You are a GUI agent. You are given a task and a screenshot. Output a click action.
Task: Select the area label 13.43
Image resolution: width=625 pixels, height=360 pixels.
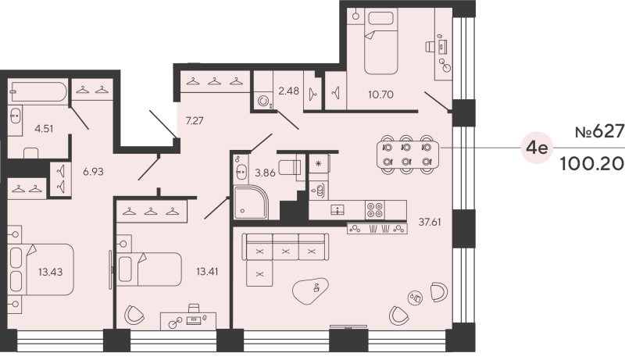point(49,273)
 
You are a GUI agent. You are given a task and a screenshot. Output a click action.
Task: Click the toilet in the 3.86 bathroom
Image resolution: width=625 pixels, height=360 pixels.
point(290,167)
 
